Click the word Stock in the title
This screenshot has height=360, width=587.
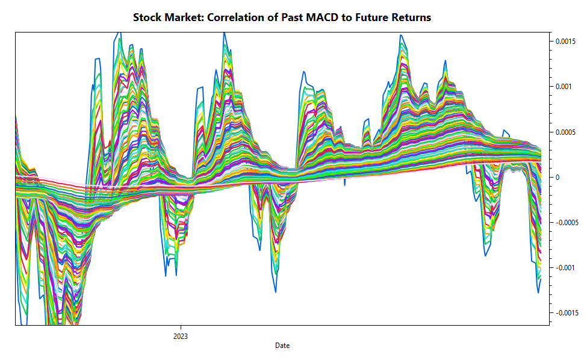(148, 17)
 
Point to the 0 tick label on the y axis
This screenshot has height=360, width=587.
(557, 177)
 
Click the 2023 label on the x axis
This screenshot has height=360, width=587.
(180, 336)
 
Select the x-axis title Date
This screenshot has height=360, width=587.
(282, 346)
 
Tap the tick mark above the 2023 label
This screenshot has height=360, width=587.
(180, 327)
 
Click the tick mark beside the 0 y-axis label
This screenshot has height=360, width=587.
(550, 177)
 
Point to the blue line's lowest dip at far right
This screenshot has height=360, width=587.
(538, 293)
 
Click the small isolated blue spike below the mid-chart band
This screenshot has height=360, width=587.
(345, 184)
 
